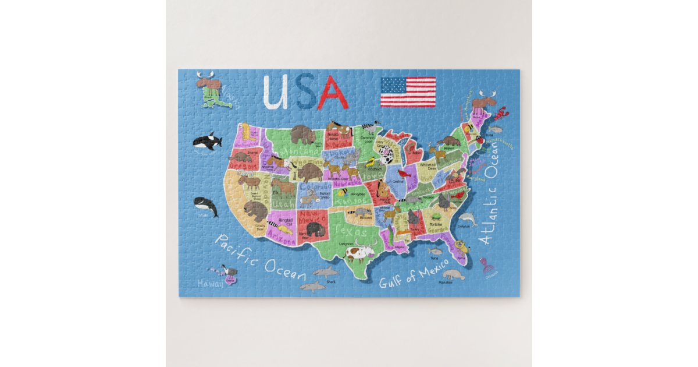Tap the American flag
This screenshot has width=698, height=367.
tap(408, 92)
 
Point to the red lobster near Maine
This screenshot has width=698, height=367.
tap(501, 112)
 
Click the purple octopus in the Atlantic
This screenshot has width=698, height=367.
tap(486, 264)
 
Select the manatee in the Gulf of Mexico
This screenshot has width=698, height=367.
tap(453, 274)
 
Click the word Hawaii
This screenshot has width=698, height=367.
tap(209, 283)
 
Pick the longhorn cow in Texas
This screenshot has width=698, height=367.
tap(359, 253)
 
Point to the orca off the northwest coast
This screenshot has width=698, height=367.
tap(207, 140)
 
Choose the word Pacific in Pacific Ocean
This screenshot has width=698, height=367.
tap(236, 252)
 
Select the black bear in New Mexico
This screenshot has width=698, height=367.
tap(315, 228)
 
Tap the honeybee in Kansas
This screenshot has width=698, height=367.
tap(343, 192)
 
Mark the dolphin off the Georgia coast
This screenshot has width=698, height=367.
tap(466, 220)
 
